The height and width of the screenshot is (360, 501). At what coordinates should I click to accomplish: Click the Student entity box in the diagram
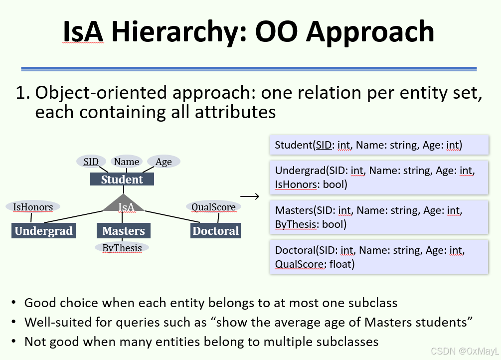click(122, 180)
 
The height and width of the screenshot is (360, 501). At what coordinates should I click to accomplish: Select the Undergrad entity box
click(44, 231)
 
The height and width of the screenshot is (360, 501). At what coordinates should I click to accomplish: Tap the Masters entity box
click(123, 231)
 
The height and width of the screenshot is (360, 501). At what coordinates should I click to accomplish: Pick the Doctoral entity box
click(215, 231)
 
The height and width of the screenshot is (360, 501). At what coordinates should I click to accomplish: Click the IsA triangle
click(124, 205)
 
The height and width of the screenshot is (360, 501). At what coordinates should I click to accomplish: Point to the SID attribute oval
click(91, 162)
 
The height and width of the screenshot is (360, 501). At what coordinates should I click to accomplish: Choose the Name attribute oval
click(126, 162)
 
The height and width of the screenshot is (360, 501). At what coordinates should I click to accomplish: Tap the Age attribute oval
click(164, 162)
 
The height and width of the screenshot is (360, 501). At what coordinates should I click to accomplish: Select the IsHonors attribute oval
click(32, 206)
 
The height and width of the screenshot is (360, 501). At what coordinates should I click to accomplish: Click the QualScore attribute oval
click(213, 206)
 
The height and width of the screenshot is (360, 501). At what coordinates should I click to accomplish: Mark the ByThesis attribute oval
click(122, 248)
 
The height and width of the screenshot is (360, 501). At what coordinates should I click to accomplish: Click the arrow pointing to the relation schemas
click(250, 196)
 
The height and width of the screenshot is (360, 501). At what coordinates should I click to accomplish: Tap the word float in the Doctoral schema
click(342, 264)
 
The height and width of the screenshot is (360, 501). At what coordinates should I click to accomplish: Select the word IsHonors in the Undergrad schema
click(296, 184)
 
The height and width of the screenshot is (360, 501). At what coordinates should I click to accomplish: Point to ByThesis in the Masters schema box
click(296, 224)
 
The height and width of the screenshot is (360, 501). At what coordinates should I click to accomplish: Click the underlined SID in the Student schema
click(324, 145)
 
